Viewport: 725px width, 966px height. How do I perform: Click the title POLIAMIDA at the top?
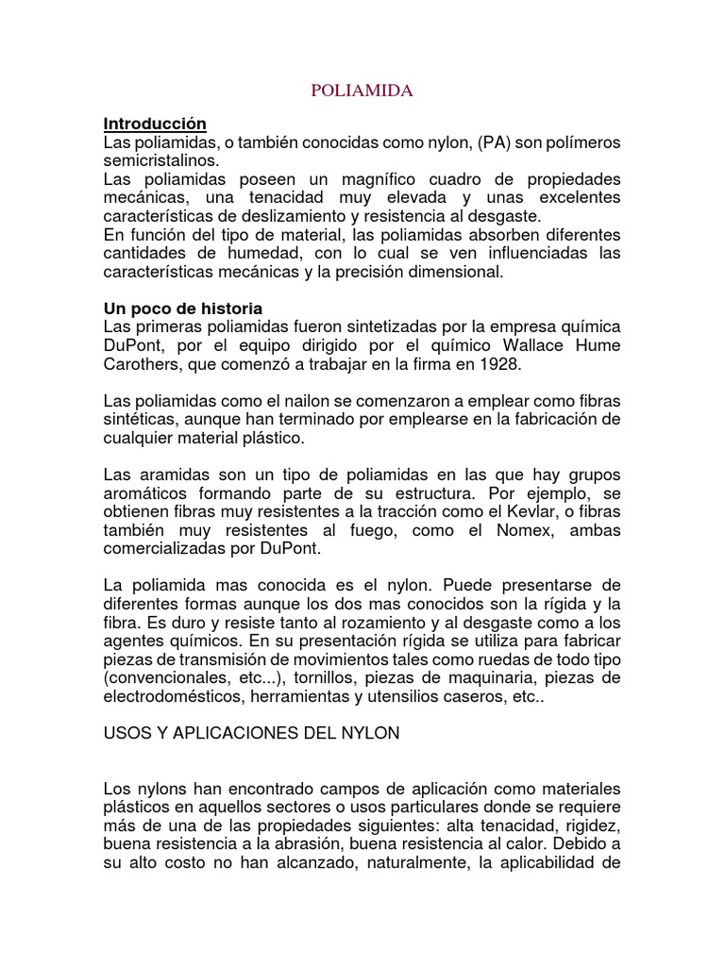click(x=362, y=92)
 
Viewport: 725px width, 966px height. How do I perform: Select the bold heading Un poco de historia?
click(x=182, y=308)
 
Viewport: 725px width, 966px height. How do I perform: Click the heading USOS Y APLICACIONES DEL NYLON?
click(x=252, y=734)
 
